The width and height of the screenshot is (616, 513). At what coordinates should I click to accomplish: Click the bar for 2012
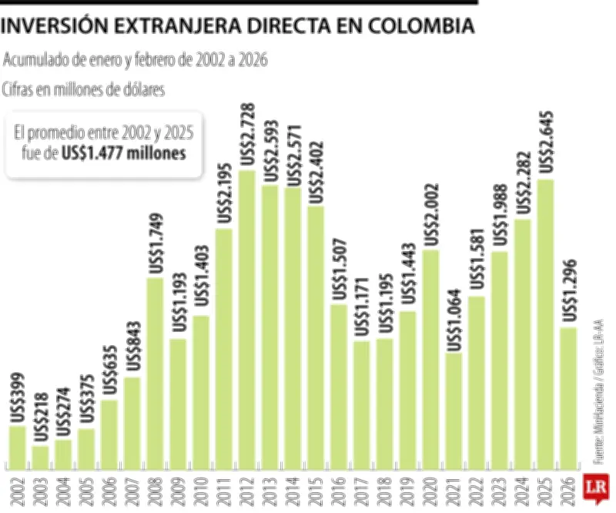247,320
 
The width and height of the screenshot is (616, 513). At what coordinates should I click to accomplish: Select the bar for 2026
569,398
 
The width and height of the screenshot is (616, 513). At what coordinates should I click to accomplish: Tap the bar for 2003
41,458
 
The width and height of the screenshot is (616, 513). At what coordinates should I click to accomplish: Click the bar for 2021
454,411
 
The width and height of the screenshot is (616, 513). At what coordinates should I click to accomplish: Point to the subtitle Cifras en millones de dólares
84,89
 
